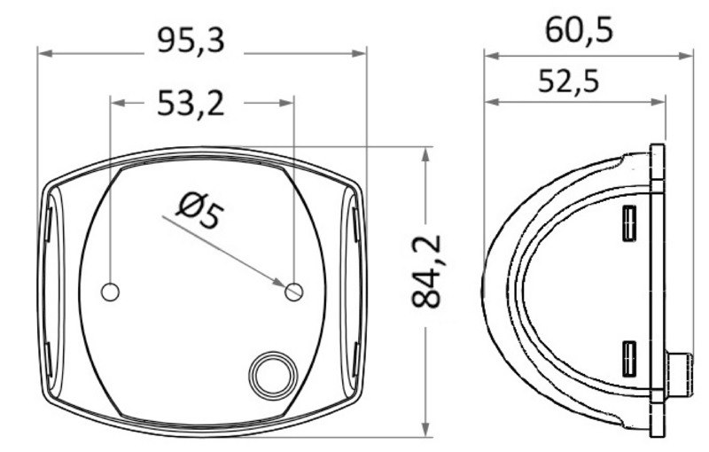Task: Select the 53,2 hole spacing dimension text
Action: click(x=191, y=104)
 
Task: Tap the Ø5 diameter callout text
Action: click(x=198, y=213)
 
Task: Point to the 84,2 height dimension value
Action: click(x=428, y=271)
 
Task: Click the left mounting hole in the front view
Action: click(x=111, y=291)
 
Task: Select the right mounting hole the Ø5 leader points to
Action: click(x=294, y=291)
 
